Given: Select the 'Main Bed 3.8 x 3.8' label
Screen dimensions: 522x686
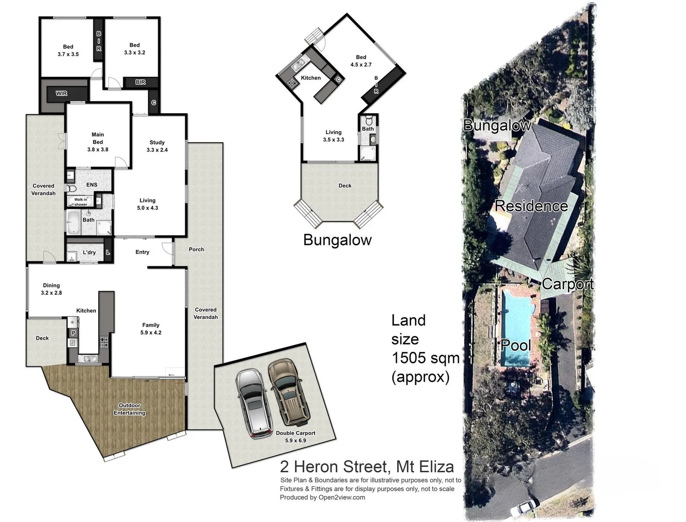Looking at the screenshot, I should [98, 142].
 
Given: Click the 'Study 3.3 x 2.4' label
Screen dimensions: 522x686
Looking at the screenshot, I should [157, 146].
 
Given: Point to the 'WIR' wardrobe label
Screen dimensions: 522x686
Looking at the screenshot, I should [61, 93].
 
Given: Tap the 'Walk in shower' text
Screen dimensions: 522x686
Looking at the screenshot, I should [81, 202].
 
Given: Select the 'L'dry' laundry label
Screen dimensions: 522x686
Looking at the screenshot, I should [89, 252].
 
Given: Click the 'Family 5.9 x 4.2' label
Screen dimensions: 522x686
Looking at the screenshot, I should [151, 329].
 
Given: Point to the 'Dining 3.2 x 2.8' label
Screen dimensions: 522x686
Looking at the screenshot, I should [51, 289].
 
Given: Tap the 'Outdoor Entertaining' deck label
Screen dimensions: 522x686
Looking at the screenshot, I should [130, 409].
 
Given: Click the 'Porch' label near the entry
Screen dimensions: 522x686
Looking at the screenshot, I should [196, 249].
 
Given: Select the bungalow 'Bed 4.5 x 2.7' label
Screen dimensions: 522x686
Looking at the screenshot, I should [361, 61].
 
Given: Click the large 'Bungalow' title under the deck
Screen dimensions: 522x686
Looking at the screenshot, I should [337, 240].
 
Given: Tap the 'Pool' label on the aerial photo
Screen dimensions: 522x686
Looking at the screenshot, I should [516, 345].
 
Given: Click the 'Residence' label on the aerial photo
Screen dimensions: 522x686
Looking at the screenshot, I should [531, 206].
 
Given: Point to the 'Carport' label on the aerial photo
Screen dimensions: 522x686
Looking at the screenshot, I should [567, 284].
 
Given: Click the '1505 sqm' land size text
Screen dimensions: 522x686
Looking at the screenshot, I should [425, 358].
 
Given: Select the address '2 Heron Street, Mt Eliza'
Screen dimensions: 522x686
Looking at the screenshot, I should [367, 467].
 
